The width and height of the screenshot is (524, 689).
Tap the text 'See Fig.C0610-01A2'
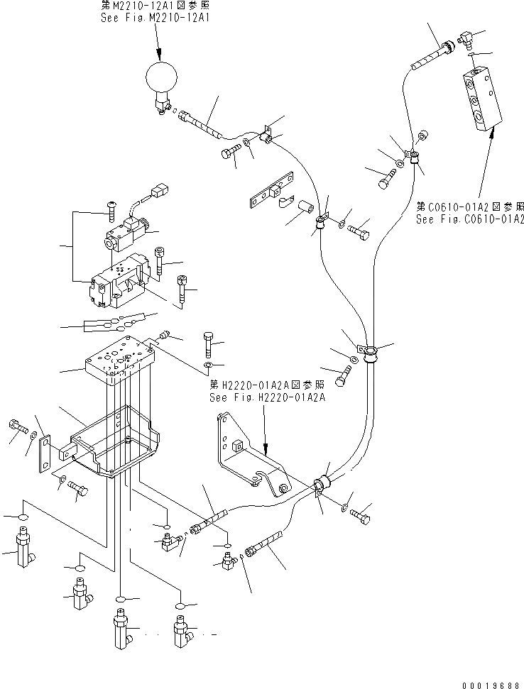click(470, 219)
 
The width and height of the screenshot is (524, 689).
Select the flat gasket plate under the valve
click(114, 324)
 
